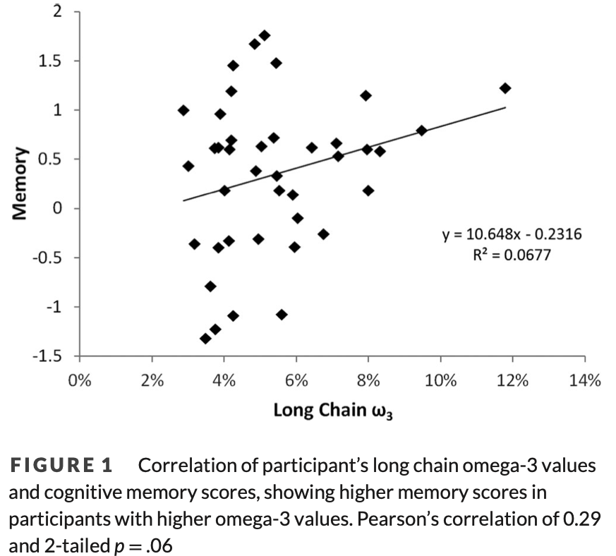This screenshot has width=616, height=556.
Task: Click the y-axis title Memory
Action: click(x=20, y=183)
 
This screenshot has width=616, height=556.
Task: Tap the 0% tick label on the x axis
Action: click(x=80, y=380)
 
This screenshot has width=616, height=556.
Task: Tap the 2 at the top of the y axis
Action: click(x=59, y=12)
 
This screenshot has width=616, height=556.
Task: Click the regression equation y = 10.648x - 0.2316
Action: click(x=512, y=234)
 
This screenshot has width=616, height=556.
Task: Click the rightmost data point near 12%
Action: click(x=505, y=88)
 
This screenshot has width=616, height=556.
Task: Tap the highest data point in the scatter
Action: click(x=265, y=35)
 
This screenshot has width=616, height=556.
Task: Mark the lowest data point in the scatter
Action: click(x=205, y=339)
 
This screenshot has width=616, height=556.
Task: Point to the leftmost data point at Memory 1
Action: click(x=183, y=110)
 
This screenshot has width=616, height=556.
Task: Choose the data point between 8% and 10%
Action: click(x=421, y=131)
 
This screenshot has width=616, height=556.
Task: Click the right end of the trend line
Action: click(x=505, y=107)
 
